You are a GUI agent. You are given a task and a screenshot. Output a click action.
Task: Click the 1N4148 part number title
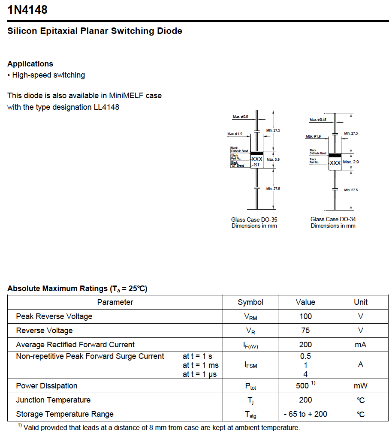pos(27,9)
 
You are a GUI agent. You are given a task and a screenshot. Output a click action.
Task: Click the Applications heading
pos(30,64)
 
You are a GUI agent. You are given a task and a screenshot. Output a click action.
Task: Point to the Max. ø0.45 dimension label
pos(318,120)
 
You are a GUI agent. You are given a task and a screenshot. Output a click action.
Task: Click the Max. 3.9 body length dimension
pos(273,159)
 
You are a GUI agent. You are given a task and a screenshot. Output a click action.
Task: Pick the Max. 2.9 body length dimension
pos(351,162)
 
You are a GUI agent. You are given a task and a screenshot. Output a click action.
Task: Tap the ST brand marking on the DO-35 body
pos(256,165)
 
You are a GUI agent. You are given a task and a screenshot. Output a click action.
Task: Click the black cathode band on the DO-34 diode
pos(335,155)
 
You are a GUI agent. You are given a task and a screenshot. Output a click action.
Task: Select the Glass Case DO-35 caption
pos(254,219)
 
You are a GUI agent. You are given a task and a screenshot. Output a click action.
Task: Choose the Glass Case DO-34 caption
pos(333,219)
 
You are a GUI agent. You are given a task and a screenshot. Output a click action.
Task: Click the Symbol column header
pos(250,302)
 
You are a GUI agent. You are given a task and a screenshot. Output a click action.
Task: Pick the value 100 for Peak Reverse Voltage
pos(305,316)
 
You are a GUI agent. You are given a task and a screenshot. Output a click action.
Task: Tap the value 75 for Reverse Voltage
pos(305,331)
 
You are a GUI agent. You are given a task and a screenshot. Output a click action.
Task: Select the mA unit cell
pos(360,345)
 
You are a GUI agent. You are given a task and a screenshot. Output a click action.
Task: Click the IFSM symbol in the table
pos(250,365)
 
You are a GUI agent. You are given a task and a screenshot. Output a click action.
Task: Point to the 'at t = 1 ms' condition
pos(200,365)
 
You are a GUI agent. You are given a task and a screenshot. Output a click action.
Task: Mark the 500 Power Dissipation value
pos(302,386)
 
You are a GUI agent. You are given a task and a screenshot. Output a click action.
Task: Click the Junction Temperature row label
pos(53,400)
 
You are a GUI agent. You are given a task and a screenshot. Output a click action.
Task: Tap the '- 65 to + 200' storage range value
pos(305,414)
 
